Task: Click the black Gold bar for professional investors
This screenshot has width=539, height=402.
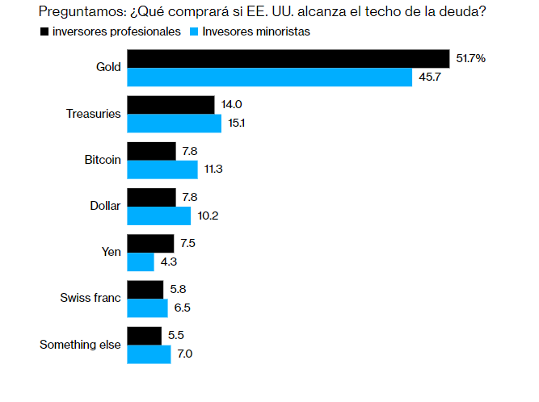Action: point(288,59)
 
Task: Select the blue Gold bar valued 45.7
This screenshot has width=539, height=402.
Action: point(270,77)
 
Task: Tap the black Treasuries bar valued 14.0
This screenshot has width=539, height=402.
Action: point(171,105)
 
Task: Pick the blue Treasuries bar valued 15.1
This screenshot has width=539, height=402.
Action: point(174,124)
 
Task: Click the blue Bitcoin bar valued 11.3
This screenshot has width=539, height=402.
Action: point(162,170)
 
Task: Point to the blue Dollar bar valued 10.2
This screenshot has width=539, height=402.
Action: point(159,216)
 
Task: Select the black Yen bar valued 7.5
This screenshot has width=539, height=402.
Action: point(150,244)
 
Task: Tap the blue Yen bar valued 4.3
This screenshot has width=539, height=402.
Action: point(141,262)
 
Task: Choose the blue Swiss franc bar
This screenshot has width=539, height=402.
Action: point(147,308)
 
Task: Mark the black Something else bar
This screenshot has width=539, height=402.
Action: point(145,336)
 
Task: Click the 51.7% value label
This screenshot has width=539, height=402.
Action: point(470,59)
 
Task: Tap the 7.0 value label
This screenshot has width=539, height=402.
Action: point(184,354)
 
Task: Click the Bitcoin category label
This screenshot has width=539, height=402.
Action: point(103,160)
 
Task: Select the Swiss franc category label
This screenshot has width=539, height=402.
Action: point(91,298)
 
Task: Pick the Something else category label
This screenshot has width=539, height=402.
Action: point(80,345)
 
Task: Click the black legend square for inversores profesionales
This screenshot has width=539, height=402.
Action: point(43,32)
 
